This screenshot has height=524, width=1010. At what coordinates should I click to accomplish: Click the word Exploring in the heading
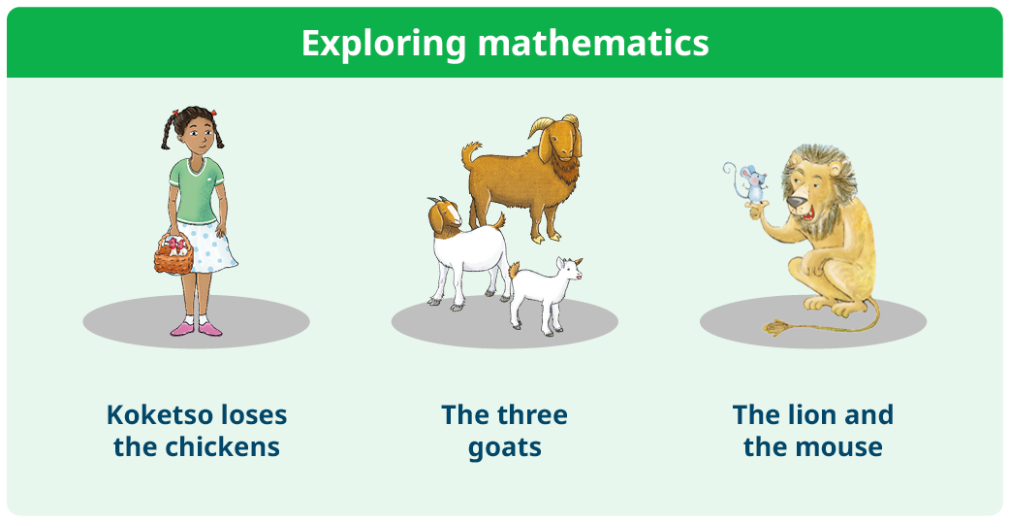point(383,44)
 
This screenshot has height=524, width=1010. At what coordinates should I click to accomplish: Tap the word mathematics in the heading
point(593,43)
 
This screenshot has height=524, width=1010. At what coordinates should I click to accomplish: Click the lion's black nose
point(796,203)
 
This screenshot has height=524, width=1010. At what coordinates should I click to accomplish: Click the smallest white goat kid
point(545,293)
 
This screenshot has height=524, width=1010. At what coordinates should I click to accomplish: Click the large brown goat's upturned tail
point(471,152)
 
